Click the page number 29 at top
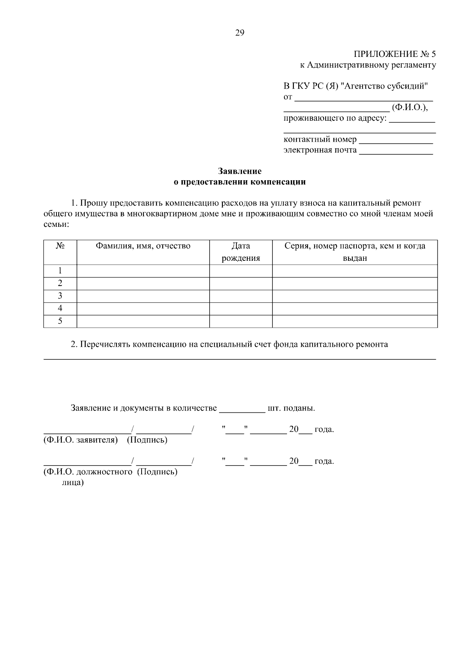coord(239,33)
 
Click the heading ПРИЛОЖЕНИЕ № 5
coord(394,54)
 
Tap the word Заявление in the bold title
coord(240,171)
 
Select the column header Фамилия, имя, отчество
coord(143,246)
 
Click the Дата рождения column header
coord(241,252)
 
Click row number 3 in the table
coord(60,296)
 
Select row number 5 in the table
coord(60,321)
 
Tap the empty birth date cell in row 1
coord(241,271)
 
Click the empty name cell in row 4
coord(143,309)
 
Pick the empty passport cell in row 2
coord(355,284)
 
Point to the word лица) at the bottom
coord(73,483)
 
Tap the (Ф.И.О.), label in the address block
coord(410,108)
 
